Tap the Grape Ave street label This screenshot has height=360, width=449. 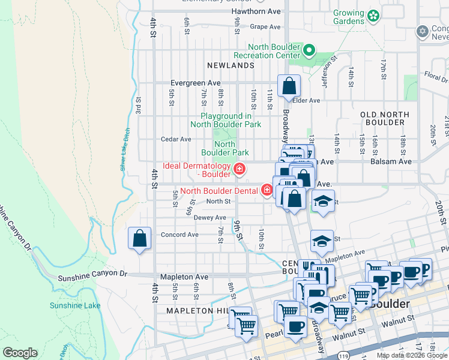point(265,27)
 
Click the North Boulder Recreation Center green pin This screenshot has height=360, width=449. point(309,50)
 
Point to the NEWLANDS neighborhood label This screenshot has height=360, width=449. point(231,65)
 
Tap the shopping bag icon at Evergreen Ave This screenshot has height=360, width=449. point(289,86)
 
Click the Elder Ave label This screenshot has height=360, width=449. point(306,100)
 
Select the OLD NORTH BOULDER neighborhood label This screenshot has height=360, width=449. point(385,118)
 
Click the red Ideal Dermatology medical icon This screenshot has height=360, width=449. point(240,170)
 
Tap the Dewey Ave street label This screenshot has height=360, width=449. point(209,217)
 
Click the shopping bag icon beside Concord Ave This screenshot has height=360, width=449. point(139,239)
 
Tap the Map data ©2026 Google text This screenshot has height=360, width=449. point(411,355)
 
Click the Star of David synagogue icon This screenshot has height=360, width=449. point(422,31)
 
